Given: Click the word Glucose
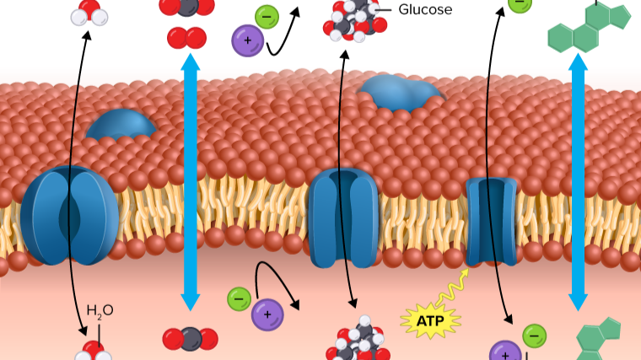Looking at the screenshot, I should click(425, 10).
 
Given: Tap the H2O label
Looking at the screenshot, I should click(100, 310).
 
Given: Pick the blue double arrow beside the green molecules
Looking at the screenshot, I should click(578, 181).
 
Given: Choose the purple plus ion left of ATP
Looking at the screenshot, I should click(267, 314).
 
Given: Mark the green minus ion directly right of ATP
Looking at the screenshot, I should click(534, 336).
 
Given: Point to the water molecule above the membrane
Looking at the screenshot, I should click(88, 11).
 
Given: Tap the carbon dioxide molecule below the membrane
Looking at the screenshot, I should click(190, 339).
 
